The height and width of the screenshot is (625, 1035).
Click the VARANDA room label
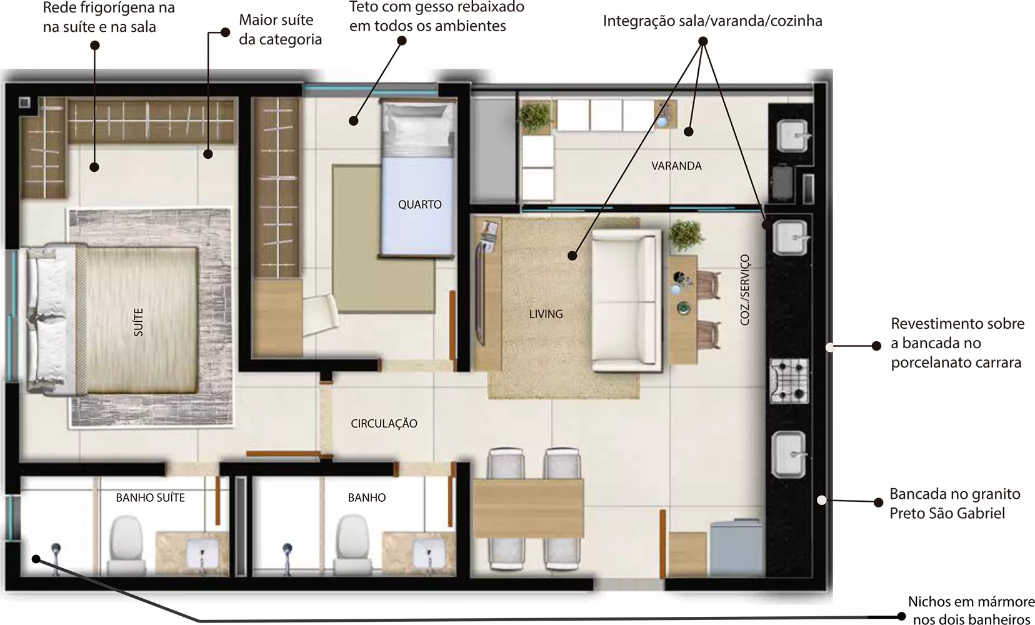(676, 166)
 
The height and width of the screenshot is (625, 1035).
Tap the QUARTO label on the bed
(419, 204)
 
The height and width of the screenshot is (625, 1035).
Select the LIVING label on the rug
(546, 314)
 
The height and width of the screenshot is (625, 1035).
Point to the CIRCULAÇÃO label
(384, 424)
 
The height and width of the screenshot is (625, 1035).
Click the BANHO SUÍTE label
(150, 497)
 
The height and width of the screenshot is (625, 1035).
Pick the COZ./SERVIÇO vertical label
(745, 289)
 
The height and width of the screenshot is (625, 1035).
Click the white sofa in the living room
(626, 301)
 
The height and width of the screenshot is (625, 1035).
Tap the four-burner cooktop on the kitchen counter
(789, 381)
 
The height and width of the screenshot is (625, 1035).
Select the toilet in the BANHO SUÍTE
(126, 546)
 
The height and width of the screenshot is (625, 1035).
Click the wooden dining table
(527, 509)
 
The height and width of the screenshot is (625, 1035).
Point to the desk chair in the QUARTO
(320, 314)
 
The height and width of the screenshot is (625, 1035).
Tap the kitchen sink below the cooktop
(789, 454)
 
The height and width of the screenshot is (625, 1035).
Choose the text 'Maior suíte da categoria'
(280, 29)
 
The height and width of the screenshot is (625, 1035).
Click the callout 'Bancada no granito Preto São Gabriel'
(954, 504)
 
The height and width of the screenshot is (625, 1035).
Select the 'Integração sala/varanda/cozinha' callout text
(712, 21)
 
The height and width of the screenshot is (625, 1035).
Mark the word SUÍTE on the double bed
(138, 322)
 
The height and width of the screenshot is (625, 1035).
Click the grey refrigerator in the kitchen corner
(736, 548)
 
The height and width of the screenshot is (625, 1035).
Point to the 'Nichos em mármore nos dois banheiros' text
(971, 610)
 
